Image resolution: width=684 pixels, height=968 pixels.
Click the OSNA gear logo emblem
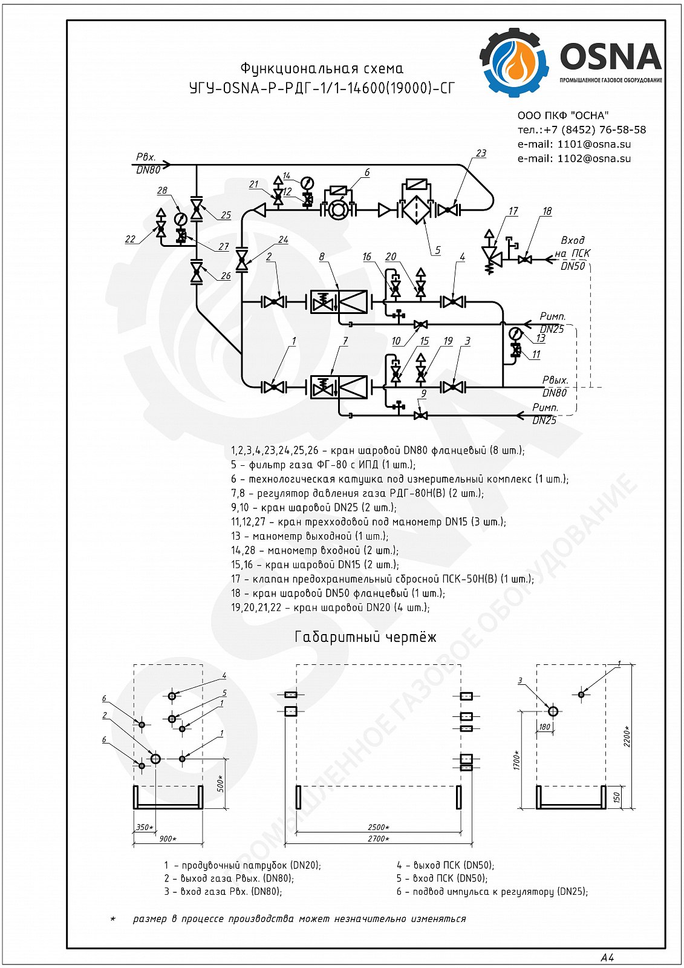coord(514,62)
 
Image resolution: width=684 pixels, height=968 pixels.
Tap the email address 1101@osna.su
coord(594,145)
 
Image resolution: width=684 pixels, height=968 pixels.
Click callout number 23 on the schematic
coord(481,154)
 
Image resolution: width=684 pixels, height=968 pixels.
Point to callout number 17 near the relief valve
coord(513,211)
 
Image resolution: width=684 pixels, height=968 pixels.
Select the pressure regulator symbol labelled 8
coord(339,302)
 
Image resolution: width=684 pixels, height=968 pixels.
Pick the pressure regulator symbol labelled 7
coord(339,387)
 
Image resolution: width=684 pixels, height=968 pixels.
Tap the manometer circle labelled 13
coord(515,333)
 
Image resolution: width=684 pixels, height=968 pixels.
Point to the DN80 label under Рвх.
coord(148,170)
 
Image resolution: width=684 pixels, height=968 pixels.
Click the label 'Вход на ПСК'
coord(573,247)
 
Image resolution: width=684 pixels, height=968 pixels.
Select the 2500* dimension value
coord(379,827)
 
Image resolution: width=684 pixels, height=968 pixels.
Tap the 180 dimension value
coord(544,727)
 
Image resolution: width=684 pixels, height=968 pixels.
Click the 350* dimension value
coord(145,827)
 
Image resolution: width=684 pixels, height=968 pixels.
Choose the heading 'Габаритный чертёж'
coord(365,636)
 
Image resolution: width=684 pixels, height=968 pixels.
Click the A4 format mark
coord(607,958)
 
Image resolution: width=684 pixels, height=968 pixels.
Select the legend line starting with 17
coord(382,579)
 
